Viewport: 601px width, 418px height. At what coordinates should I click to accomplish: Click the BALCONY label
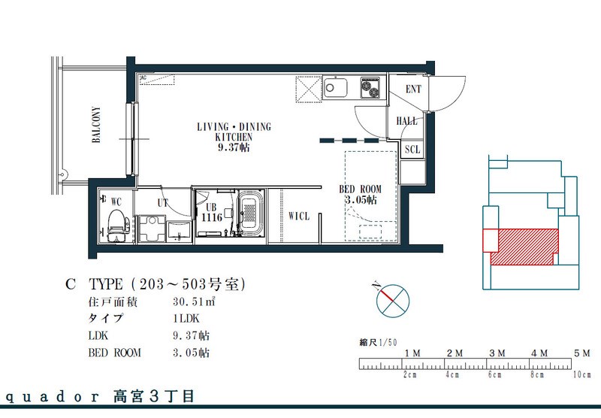coord(96,125)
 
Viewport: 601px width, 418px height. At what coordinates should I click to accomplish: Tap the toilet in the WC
coord(116,226)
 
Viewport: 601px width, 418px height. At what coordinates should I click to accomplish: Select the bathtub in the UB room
coord(250,213)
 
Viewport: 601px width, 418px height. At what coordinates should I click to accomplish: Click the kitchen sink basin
coord(335,88)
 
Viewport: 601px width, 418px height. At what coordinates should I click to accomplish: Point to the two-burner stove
coord(370,88)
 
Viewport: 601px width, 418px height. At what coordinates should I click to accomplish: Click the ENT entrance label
coord(413,89)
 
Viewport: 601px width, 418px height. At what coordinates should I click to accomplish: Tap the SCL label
coord(412,149)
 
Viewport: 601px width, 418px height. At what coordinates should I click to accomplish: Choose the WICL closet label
coord(298,217)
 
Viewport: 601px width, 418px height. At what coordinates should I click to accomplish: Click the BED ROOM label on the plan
coord(361,189)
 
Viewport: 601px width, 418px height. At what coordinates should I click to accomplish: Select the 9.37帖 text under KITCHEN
coord(234,147)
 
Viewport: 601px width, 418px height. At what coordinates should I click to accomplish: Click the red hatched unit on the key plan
coord(524,247)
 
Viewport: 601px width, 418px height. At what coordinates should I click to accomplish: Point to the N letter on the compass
coord(376,286)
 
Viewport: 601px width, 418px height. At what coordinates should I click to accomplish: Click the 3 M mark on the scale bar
coord(497,353)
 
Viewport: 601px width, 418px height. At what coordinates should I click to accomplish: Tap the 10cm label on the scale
coord(582,374)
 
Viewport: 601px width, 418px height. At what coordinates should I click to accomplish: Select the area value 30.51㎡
coord(194,301)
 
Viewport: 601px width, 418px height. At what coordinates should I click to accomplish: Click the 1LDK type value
coord(186,318)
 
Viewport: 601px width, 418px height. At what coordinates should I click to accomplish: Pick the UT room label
coord(162,203)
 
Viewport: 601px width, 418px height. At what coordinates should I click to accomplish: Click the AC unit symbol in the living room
coord(157,80)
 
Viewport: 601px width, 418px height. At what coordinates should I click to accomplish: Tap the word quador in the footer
coord(53,397)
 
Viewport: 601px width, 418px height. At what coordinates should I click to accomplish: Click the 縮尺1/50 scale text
coord(378,342)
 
